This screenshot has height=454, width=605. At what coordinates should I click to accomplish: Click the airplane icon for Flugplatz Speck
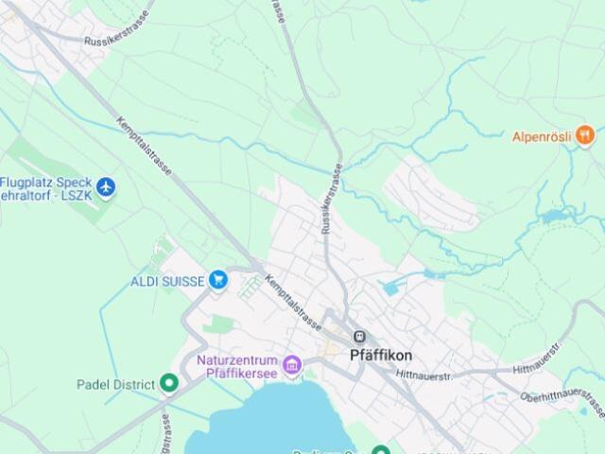pos(105,187)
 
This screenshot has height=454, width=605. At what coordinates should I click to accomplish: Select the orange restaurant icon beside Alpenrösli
pos(586,136)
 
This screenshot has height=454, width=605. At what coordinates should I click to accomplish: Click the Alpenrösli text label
pos(542,136)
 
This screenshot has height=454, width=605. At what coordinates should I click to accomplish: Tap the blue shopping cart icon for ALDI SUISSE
pos(219,279)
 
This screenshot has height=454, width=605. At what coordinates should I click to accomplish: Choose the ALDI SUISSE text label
pos(167,280)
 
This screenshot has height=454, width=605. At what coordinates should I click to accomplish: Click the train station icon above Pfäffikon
pos(359,337)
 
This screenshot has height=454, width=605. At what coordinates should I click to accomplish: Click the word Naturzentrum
pos(236,360)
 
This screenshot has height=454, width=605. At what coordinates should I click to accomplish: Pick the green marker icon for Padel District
pos(169,383)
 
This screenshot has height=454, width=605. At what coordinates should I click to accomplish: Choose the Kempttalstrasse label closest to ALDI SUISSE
pos(293,301)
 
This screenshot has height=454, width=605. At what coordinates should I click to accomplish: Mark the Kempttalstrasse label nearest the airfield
pos(144,148)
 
